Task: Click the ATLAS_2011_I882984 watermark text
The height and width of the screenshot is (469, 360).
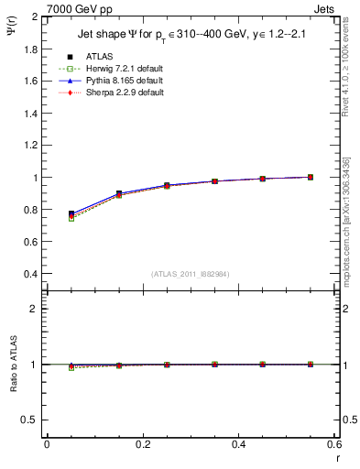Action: click(x=190, y=274)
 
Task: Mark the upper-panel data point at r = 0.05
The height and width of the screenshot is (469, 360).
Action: click(x=71, y=213)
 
